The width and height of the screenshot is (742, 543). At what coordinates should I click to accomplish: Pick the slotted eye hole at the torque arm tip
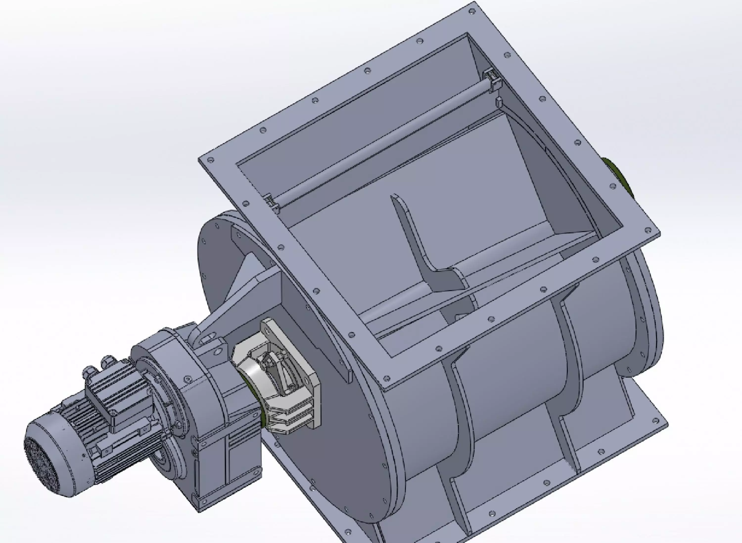point(207,339)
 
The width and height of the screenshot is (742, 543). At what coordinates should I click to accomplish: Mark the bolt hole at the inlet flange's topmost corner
point(473,12)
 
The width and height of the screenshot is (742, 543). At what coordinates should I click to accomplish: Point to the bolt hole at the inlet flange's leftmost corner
point(210,160)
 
